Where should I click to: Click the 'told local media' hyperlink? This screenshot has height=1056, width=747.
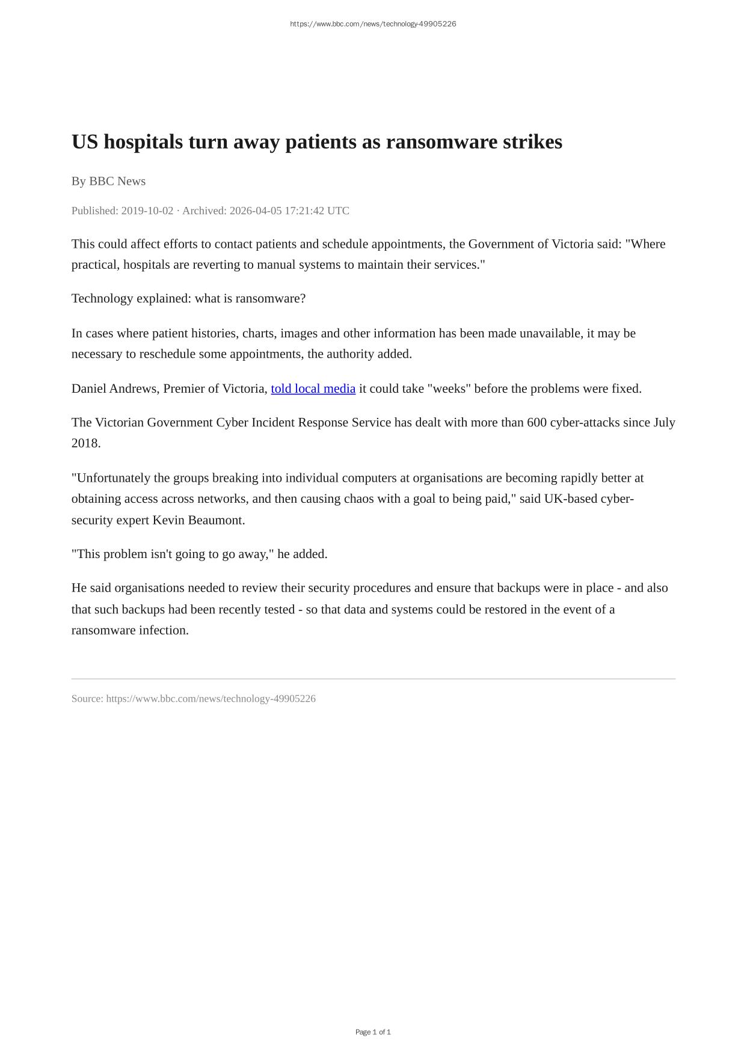(313, 388)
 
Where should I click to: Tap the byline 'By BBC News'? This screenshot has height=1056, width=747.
(108, 181)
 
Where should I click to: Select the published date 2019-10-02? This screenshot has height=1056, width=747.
(147, 210)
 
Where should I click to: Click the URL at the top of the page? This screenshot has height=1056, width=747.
(373, 24)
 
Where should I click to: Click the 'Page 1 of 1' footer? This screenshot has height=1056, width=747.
(373, 1032)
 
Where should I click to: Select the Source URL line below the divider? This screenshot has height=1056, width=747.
(193, 699)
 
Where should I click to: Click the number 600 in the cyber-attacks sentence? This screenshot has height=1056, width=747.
(536, 422)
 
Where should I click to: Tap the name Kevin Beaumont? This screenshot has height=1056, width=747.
(198, 520)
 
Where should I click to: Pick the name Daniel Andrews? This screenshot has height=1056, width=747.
(114, 388)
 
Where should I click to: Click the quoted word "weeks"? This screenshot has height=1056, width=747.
(449, 388)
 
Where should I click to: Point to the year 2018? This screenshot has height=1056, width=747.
(85, 443)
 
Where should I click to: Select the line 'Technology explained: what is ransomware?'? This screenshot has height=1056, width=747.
(188, 298)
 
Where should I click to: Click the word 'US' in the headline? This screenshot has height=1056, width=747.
(85, 143)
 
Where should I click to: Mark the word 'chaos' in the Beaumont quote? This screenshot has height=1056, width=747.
(358, 499)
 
